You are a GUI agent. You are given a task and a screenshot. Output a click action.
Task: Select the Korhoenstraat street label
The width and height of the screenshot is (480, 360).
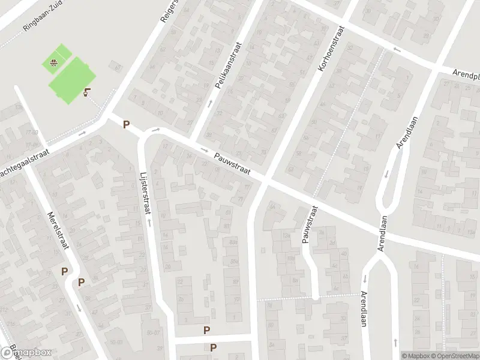click(331, 50)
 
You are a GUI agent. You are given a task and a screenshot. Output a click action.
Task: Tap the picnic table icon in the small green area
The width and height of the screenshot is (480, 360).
click(54, 61)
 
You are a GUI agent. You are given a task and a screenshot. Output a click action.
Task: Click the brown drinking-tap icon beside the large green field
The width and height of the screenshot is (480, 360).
click(88, 92)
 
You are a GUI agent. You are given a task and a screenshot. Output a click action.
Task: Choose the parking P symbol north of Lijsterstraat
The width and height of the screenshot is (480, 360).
click(126, 125)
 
